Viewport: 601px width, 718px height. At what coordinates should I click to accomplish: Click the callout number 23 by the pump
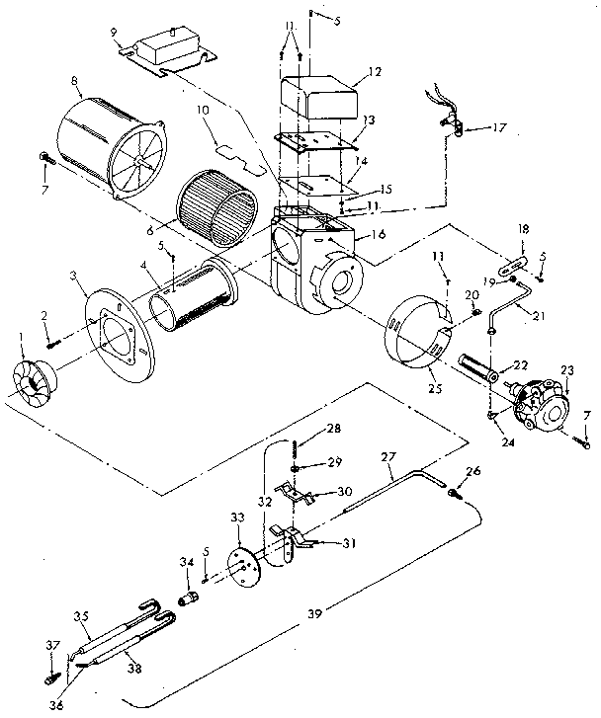(566, 371)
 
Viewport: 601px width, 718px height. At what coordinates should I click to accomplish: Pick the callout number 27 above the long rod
(387, 456)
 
